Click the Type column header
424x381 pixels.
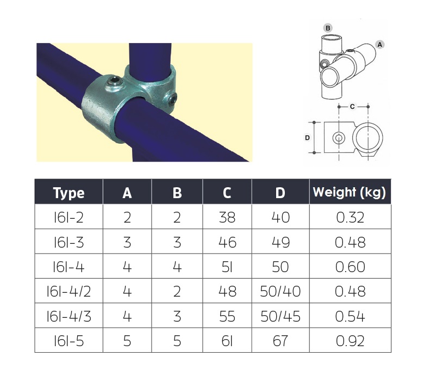coord(68,193)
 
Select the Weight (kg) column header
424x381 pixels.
coord(350,192)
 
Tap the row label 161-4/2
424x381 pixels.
coord(68,291)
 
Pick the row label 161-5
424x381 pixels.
coord(68,341)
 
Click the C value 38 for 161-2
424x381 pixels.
coord(227,218)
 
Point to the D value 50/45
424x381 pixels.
coord(280,316)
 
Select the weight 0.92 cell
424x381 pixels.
coord(350,341)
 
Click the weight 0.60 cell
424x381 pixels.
coord(350,267)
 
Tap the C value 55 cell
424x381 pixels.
coord(227,316)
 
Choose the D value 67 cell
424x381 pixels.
coord(280,341)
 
